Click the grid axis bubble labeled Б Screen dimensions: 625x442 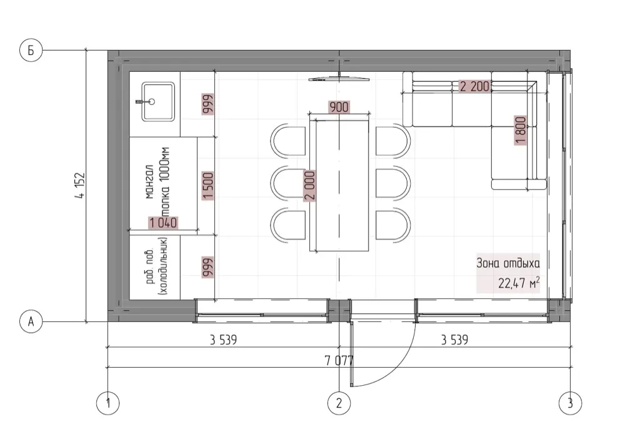[x=31, y=50]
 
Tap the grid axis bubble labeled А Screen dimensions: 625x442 [x=31, y=321]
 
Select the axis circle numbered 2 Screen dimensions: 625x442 [x=339, y=403]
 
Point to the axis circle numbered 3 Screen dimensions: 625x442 [x=570, y=403]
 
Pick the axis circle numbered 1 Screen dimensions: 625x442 [x=107, y=403]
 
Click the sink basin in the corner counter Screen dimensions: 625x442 [x=158, y=102]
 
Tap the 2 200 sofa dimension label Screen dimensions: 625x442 [x=474, y=86]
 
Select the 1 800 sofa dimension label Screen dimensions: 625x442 [x=521, y=130]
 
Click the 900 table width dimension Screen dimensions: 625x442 [x=339, y=107]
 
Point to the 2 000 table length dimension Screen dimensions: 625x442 [x=310, y=185]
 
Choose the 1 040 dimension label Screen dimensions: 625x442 [x=163, y=223]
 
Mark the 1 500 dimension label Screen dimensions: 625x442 [x=207, y=185]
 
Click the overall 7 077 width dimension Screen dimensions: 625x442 [x=339, y=360]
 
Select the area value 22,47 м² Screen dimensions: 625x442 [x=519, y=283]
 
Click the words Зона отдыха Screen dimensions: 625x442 [x=508, y=263]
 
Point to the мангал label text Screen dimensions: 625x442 [x=149, y=182]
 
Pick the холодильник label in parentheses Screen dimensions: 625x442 [x=164, y=266]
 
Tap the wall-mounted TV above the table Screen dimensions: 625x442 [x=339, y=79]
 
